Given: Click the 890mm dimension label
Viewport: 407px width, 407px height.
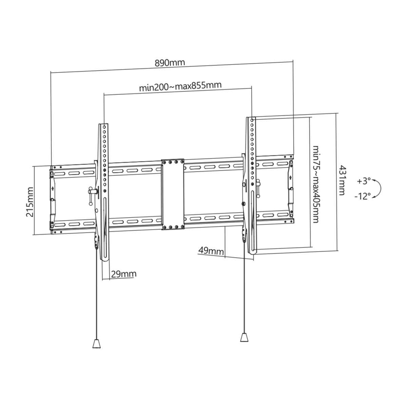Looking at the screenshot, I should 170,63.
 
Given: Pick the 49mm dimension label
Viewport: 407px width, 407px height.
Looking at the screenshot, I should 211,251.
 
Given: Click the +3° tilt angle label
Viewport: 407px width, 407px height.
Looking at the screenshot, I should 364,181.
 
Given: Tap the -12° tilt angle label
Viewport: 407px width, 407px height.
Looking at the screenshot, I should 362,196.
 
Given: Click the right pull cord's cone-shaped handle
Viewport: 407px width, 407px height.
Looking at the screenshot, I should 244,338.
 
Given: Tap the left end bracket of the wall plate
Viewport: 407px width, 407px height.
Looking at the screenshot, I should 52,198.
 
